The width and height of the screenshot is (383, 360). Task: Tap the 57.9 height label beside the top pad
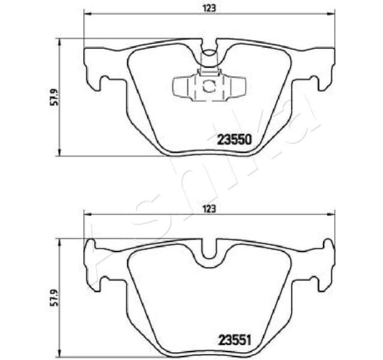point(53,97)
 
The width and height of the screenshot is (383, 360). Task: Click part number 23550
point(233,139)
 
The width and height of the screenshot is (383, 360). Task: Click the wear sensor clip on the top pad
point(208,86)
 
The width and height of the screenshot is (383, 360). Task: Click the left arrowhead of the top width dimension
point(86,14)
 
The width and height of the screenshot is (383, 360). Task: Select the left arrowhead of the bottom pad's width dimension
point(86,214)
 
